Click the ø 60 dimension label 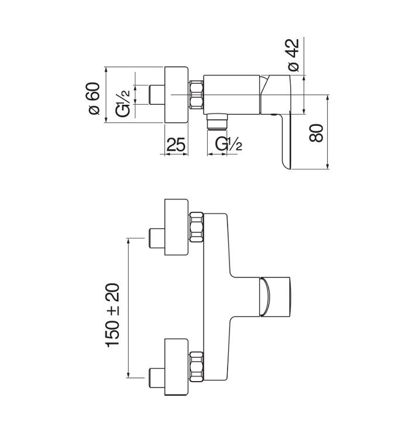pyautogui.click(x=94, y=98)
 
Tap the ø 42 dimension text pyautogui.click(x=293, y=55)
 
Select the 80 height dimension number pyautogui.click(x=316, y=133)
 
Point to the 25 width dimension pyautogui.click(x=176, y=145)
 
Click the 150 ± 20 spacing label pyautogui.click(x=112, y=315)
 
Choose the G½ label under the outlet pyautogui.click(x=229, y=144)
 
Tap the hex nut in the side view pyautogui.click(x=197, y=94)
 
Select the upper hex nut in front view pyautogui.click(x=197, y=227)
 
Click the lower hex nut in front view pyautogui.click(x=197, y=366)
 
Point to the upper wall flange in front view pyautogui.click(x=176, y=227)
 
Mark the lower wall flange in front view pyautogui.click(x=176, y=366)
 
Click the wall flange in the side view pyautogui.click(x=176, y=94)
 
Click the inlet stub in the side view pyautogui.click(x=157, y=94)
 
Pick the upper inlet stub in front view pyautogui.click(x=157, y=238)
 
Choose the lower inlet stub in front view pyautogui.click(x=157, y=378)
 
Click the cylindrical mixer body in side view pyautogui.click(x=232, y=94)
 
